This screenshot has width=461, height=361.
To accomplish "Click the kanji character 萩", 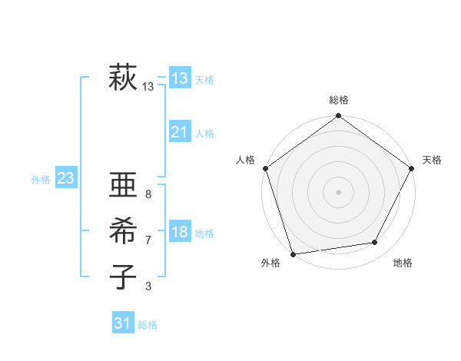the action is [123, 78].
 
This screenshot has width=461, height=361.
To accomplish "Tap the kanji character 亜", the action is [123, 187].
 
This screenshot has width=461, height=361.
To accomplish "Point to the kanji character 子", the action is [123, 275].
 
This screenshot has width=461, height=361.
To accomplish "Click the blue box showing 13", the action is [180, 78].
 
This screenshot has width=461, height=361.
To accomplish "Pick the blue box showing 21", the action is [180, 132].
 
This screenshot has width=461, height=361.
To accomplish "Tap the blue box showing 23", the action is [65, 179].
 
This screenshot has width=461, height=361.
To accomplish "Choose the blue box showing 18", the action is [180, 232].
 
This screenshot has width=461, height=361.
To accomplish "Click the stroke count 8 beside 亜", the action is [148, 194].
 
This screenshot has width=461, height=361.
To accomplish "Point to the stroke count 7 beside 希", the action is [148, 240].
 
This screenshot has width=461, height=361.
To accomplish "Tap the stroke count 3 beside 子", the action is [148, 286].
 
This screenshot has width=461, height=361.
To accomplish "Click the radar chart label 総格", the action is [339, 100].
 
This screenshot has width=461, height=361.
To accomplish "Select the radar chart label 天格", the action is [432, 160].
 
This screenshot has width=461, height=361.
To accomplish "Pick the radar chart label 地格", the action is [403, 263].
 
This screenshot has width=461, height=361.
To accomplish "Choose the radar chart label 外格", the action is [270, 263].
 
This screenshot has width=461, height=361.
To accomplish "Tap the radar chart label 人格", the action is [245, 160].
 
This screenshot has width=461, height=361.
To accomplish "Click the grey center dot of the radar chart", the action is [338, 191].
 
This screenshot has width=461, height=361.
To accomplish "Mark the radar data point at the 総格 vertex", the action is [338, 117].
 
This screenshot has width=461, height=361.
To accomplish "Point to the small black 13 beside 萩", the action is [148, 87].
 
